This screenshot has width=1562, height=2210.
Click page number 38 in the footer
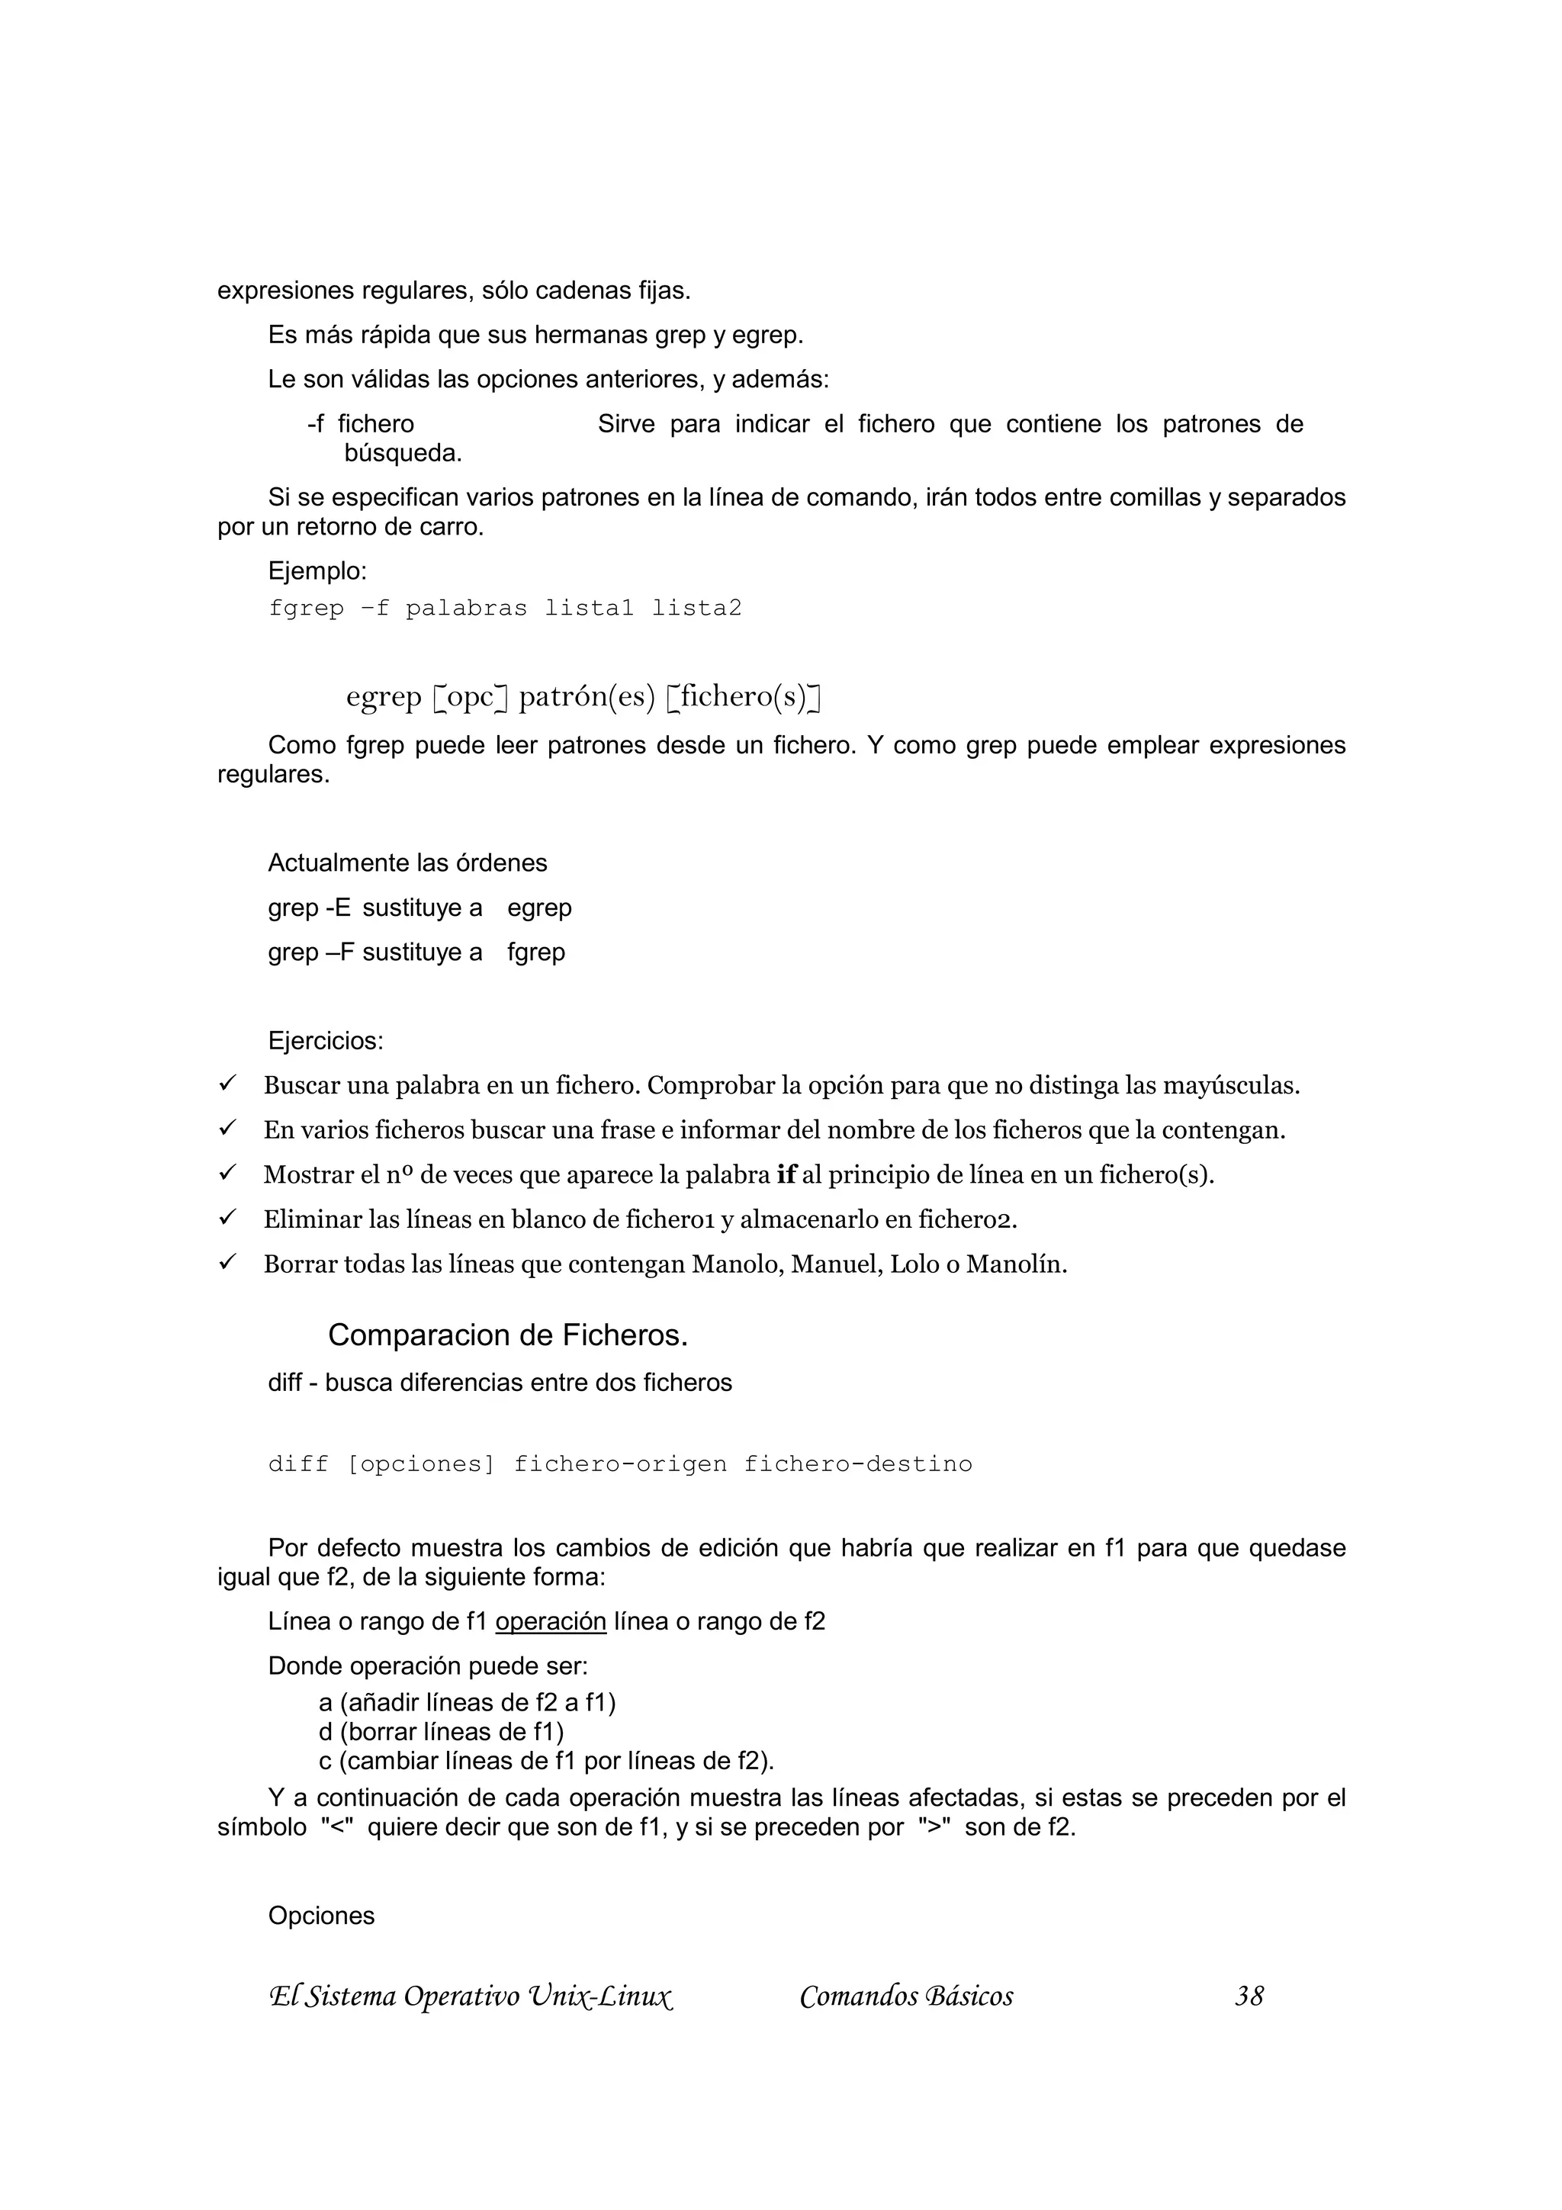pos(1249,1996)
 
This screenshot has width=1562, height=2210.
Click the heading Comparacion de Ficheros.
pos(507,1335)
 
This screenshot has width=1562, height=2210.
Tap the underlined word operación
pos(551,1622)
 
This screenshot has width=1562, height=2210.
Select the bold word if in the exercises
pos(786,1175)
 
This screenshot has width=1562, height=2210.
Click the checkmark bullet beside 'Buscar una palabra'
pos(227,1084)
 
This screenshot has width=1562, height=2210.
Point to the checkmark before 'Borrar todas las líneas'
pos(227,1263)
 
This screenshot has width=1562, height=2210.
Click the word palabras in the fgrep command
pos(466,609)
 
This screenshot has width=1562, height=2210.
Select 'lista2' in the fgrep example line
pos(697,609)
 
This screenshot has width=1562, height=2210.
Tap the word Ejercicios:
pos(326,1040)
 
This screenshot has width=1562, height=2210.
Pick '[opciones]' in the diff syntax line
pos(419,1464)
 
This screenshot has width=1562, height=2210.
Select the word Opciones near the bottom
pos(320,1916)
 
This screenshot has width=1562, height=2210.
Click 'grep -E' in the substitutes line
pos(309,907)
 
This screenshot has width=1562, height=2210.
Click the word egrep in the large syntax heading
pos(384,696)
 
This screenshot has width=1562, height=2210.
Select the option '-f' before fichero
pos(316,425)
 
